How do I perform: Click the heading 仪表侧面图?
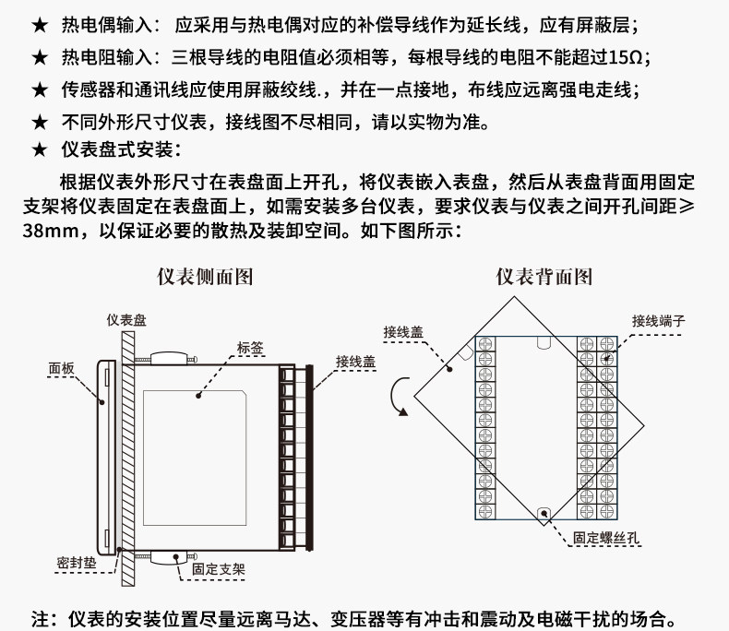205,277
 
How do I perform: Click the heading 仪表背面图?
544,277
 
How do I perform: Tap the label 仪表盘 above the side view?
126,320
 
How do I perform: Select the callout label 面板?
62,368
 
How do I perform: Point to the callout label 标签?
250,348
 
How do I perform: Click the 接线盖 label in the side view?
355,362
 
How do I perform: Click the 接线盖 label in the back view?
403,332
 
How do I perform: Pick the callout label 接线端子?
658,321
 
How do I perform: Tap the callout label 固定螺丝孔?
606,538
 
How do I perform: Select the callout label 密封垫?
77,563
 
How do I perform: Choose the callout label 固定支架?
219,569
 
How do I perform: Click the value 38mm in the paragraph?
51,231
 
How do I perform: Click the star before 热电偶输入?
40,25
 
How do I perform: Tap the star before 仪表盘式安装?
40,150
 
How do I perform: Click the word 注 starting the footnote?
40,619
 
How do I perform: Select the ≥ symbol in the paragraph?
687,207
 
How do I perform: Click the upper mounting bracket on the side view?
166,359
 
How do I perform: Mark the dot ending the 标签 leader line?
198,396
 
